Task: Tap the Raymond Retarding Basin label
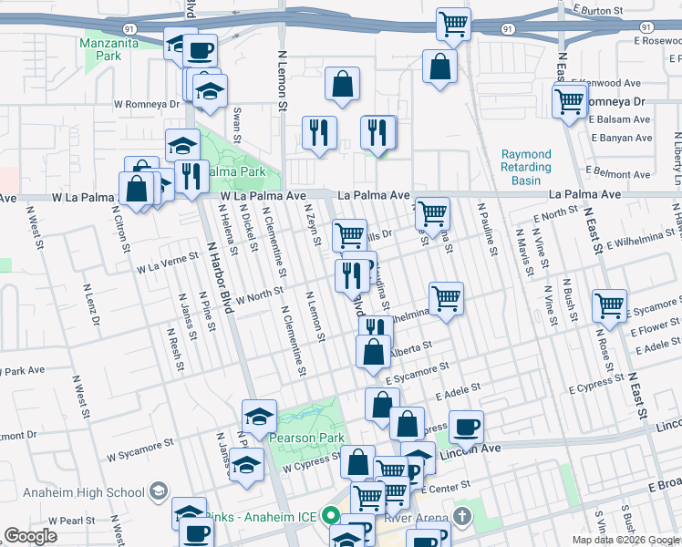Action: coord(526,168)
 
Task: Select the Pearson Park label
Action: coord(306,438)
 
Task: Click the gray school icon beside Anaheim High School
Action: coord(159,492)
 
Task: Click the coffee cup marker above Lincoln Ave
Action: coord(467,427)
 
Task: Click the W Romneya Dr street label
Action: coord(146,104)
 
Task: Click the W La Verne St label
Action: coord(168,263)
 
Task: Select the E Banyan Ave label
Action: coord(621,138)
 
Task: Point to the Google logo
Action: coord(30,536)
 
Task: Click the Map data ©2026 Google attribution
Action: coord(625,540)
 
